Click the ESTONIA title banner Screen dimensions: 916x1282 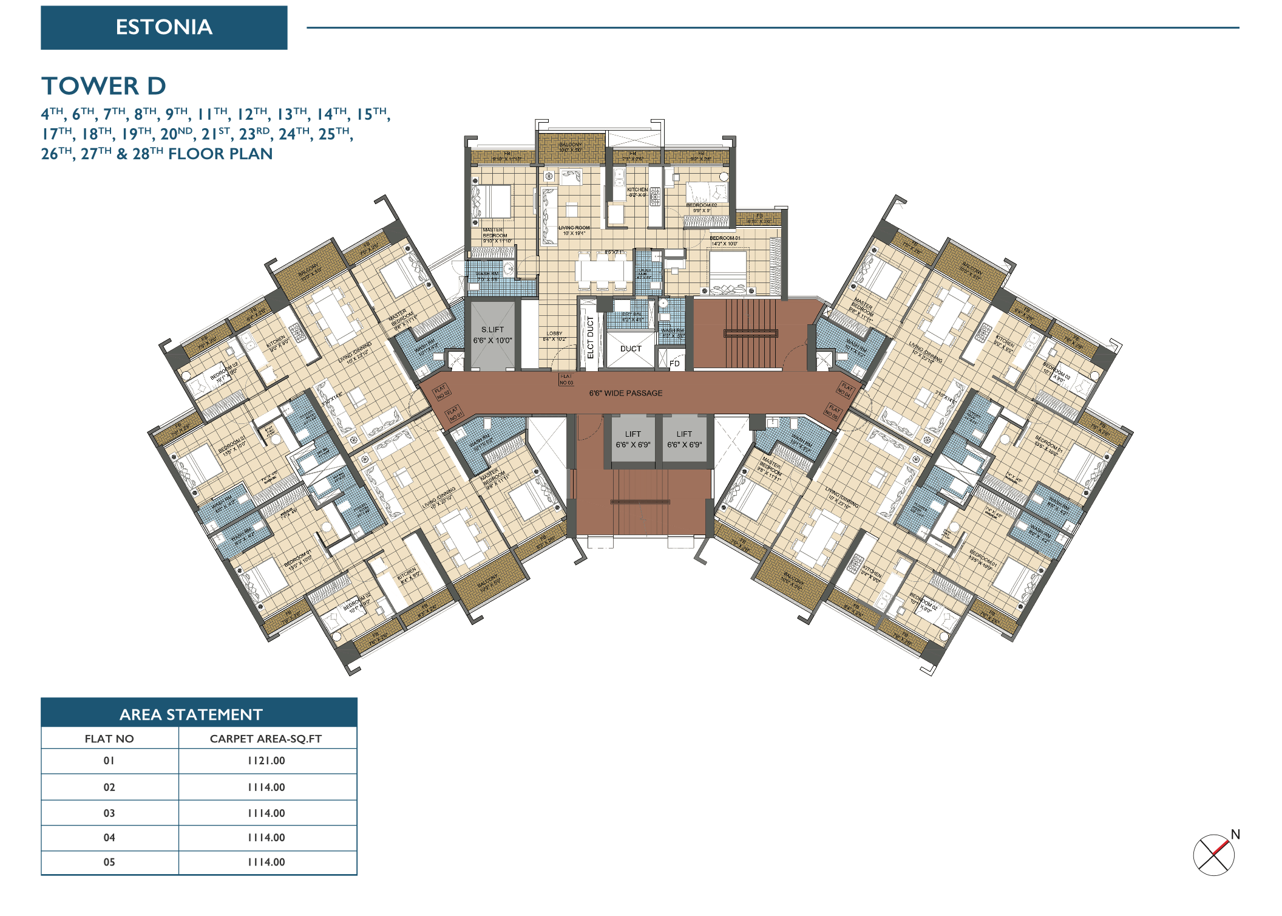[x=164, y=27]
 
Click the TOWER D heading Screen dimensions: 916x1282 [x=104, y=86]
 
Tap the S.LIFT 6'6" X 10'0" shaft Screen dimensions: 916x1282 [x=492, y=335]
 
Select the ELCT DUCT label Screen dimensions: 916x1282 [x=590, y=337]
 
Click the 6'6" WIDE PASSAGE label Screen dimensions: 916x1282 [x=625, y=393]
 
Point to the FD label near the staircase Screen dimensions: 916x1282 [x=674, y=364]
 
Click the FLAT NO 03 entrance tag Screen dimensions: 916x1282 [x=566, y=380]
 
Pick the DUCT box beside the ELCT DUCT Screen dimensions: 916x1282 [x=631, y=349]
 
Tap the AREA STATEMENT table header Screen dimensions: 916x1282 [x=191, y=714]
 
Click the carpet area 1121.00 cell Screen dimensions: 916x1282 [x=266, y=760]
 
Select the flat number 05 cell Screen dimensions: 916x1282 [x=109, y=862]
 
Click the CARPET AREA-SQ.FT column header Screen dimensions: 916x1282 [x=266, y=739]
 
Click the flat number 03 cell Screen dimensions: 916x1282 [x=109, y=813]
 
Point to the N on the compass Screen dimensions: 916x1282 [x=1235, y=834]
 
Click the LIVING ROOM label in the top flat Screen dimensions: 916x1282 [x=574, y=230]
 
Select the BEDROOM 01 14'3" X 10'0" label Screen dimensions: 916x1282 [x=725, y=241]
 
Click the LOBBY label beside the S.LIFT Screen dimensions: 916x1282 [x=554, y=336]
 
